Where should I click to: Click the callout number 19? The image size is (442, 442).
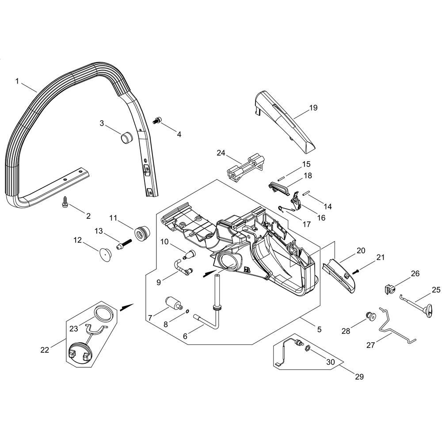(x=313, y=108)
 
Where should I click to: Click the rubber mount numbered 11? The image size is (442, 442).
(x=143, y=233)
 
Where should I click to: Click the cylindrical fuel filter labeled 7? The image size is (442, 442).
(x=174, y=304)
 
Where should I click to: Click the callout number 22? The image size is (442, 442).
(x=45, y=350)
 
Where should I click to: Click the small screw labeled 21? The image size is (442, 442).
(x=356, y=271)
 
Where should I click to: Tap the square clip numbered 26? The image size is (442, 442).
(x=389, y=290)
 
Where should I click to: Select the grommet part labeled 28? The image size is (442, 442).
(x=371, y=317)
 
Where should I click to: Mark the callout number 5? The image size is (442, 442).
(x=319, y=329)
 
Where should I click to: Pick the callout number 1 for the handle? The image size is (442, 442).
(x=17, y=81)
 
